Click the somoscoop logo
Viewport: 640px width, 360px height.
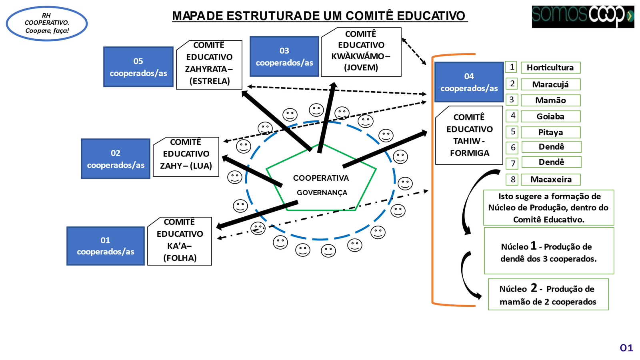click(x=582, y=16)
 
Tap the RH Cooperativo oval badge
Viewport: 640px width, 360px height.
click(x=47, y=24)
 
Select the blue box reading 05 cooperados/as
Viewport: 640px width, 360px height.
click(x=138, y=67)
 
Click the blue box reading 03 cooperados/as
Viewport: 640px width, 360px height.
click(x=284, y=56)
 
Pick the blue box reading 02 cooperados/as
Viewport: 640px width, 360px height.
click(x=116, y=159)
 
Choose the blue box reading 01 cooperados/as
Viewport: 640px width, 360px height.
click(x=106, y=246)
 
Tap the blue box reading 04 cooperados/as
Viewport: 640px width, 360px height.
click(x=469, y=82)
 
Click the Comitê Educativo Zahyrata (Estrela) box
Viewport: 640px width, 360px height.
click(x=209, y=65)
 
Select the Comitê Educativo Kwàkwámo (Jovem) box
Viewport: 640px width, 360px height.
click(x=361, y=52)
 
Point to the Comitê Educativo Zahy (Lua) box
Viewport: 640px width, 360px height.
click(x=186, y=157)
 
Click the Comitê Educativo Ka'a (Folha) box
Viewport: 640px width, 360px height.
click(x=180, y=241)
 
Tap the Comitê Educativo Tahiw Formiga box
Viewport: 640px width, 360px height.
click(x=469, y=135)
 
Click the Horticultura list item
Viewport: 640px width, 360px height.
click(x=550, y=68)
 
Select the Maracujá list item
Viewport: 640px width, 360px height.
click(x=550, y=84)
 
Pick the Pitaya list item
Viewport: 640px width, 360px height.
click(x=550, y=132)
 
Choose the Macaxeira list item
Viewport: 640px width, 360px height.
click(x=551, y=180)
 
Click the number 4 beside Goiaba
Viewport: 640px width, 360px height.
click(x=512, y=116)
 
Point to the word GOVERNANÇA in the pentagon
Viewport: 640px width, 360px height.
click(x=322, y=193)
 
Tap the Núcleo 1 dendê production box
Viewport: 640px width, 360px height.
click(x=549, y=251)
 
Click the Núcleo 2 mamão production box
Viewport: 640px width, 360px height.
click(x=548, y=295)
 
